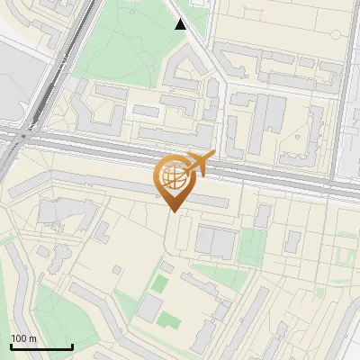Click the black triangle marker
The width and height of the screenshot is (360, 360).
(181, 24)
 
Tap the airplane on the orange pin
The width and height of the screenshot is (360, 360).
(199, 163)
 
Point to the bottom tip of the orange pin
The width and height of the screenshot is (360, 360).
(173, 212)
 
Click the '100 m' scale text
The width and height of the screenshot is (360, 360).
(24, 338)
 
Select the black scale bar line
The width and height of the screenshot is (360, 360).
(41, 347)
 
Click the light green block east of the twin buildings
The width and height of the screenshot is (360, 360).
(253, 246)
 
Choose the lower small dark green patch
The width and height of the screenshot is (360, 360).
(166, 319)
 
